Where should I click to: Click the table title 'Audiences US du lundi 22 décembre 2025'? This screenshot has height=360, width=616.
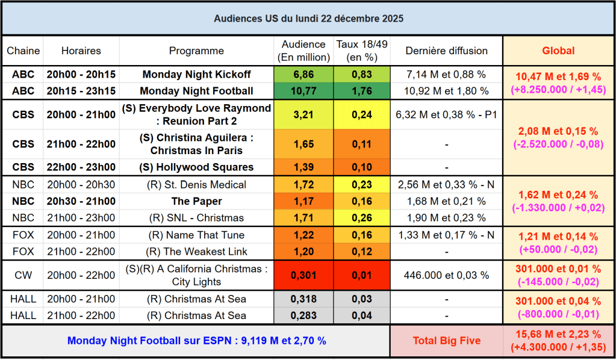point(308,19)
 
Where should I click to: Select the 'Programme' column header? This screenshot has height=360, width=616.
point(196,51)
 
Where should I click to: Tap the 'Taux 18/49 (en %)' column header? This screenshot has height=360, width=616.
point(362,51)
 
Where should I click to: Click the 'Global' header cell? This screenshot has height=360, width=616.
point(558,51)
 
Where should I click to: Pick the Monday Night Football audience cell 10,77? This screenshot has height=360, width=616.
point(303,91)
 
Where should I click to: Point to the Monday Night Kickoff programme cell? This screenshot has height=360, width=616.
point(196,75)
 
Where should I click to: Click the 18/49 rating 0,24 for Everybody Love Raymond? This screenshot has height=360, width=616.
point(362,114)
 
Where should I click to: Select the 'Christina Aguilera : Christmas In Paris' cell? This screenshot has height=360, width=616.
point(196,144)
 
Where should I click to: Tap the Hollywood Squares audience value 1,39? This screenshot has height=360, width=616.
point(303,167)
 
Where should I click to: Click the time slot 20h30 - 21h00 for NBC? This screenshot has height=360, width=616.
point(81,201)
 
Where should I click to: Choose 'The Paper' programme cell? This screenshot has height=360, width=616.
point(196,201)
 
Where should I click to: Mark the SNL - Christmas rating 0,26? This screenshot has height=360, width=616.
point(362,218)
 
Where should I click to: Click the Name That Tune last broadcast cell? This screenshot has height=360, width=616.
point(446,235)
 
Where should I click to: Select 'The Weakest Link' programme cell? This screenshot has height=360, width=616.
point(196,252)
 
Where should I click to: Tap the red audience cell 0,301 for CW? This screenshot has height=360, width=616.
point(303,275)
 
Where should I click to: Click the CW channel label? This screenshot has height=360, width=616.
point(22,275)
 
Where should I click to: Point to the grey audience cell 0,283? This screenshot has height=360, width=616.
point(303,315)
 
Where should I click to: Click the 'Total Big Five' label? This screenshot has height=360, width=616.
point(446,341)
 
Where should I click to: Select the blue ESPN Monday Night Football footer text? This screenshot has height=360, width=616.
point(196,341)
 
